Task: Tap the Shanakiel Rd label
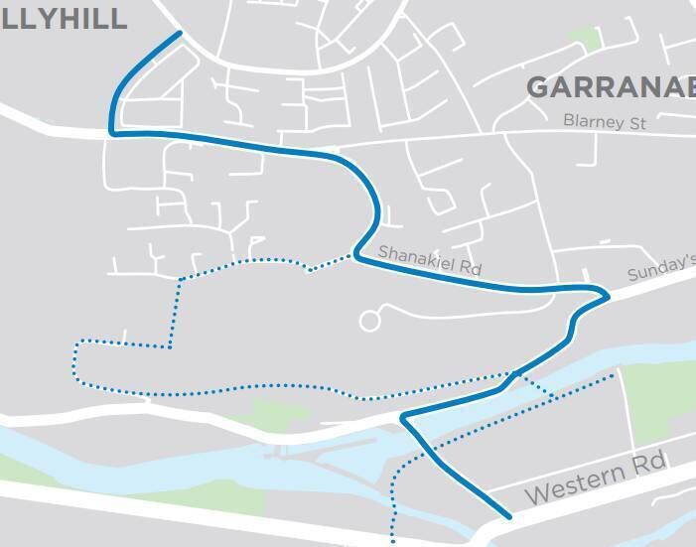point(429,261)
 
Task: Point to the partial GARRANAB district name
point(610,87)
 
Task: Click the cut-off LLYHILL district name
point(64,18)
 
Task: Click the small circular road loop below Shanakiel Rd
point(369,321)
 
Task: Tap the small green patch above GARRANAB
point(585,39)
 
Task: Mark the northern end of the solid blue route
point(180,33)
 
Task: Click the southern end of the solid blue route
point(509,516)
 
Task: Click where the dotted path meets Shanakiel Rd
point(353,254)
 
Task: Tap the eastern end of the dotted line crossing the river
point(615,375)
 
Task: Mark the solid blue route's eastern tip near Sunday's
point(607,294)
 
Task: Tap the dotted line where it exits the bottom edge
point(394,542)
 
